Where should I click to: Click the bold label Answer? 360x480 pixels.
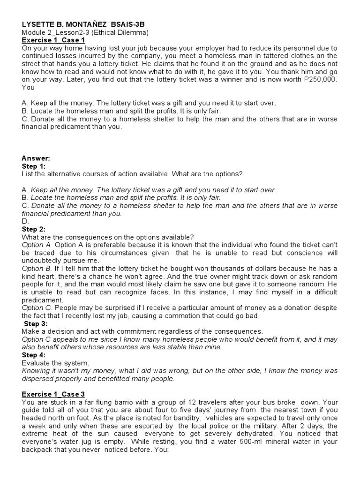tap(36, 158)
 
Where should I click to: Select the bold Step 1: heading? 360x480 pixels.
tap(34, 166)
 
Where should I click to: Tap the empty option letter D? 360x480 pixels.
tap(25, 221)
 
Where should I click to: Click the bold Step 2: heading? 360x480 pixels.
tap(34, 229)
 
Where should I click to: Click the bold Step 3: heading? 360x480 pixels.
tap(36, 323)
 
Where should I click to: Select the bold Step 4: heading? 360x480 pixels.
tap(34, 355)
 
